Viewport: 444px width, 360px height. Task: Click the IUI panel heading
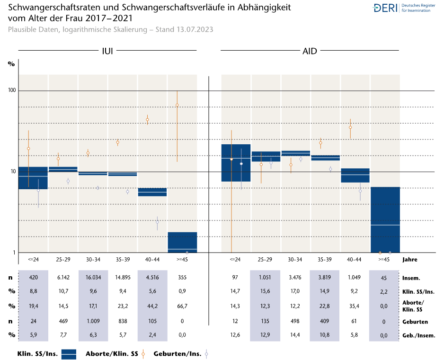point(107,51)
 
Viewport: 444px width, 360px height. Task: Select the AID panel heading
point(310,51)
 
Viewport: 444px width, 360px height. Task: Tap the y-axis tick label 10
point(11,172)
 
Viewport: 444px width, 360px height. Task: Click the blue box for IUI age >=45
point(182,242)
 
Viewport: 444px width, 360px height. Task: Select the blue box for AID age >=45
point(385,220)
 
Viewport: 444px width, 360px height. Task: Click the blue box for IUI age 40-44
point(152,192)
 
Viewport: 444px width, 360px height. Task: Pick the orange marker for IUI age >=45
point(177,105)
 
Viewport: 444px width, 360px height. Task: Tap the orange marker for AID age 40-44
point(351,127)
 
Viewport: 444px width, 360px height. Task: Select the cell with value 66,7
point(182,307)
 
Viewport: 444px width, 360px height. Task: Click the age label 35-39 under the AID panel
point(325,259)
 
